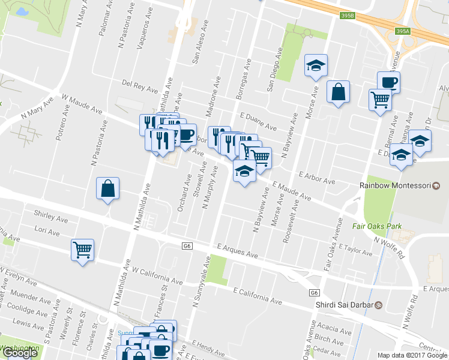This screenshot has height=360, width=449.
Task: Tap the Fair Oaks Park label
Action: pyautogui.click(x=375, y=227)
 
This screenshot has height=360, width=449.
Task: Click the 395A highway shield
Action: pyautogui.click(x=403, y=31)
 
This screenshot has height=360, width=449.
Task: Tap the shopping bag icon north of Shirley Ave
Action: pyautogui.click(x=107, y=188)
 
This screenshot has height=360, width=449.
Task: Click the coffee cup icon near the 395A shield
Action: pyautogui.click(x=388, y=82)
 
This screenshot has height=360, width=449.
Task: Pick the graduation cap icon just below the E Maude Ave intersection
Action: pyautogui.click(x=244, y=172)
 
